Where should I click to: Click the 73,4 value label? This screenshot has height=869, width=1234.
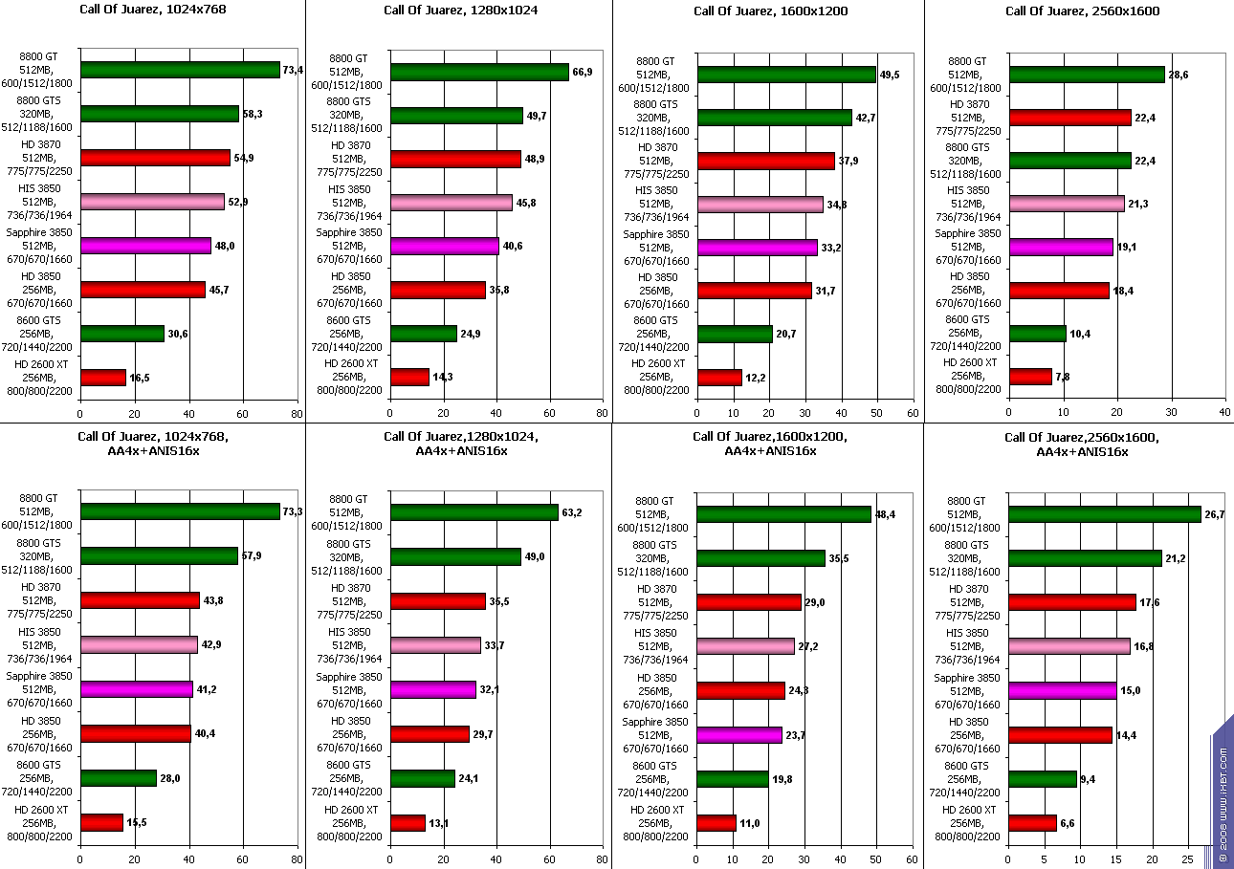[293, 70]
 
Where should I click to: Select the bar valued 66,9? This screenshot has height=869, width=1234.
[479, 73]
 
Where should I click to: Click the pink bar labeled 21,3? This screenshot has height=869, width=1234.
[1067, 204]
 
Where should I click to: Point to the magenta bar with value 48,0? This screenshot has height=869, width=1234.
[145, 246]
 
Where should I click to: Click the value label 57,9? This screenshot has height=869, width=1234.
[251, 555]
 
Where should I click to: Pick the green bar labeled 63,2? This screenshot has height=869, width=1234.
[474, 512]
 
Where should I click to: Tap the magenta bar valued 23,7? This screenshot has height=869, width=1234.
[739, 735]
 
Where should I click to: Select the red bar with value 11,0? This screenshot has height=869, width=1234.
[716, 823]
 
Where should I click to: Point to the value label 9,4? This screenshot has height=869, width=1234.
[1090, 779]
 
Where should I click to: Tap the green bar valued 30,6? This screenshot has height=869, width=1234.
[122, 334]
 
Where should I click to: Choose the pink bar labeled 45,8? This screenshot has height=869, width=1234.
[452, 203]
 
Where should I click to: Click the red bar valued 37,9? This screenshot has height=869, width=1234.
[766, 161]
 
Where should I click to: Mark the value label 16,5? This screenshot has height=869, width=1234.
[139, 379]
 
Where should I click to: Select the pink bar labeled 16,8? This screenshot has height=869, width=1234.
[1069, 646]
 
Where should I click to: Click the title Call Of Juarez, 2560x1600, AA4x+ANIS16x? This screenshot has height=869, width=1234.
[1081, 445]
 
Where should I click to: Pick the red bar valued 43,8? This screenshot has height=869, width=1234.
[140, 600]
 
